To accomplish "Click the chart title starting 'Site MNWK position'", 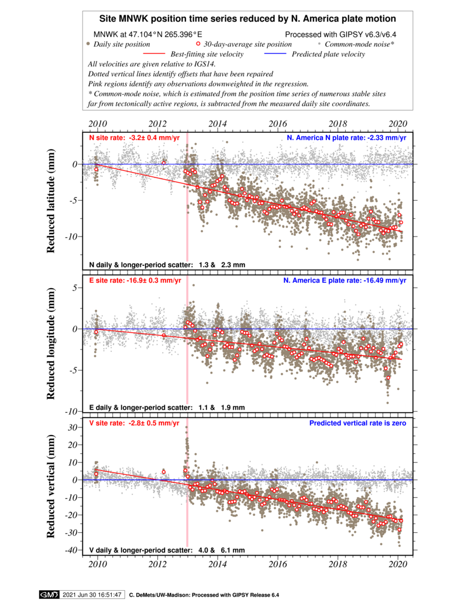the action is (247, 19).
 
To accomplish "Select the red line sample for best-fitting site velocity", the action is (154, 54).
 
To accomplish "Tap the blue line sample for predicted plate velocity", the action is (276, 54).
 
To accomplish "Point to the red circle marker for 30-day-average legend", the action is (198, 44).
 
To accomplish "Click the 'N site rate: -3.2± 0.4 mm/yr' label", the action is (135, 138).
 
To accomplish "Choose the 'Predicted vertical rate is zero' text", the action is (357, 423).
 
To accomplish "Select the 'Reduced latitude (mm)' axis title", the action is (50, 201).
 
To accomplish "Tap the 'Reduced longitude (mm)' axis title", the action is (50, 344).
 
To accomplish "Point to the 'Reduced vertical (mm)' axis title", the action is (50, 486).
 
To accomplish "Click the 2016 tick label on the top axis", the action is (278, 124).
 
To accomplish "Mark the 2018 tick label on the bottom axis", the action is (338, 564).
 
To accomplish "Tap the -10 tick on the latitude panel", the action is (72, 237).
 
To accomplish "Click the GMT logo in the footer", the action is (49, 595).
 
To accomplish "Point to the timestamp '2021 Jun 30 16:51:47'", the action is (92, 595).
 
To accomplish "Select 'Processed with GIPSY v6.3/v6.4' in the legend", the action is (340, 35).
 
